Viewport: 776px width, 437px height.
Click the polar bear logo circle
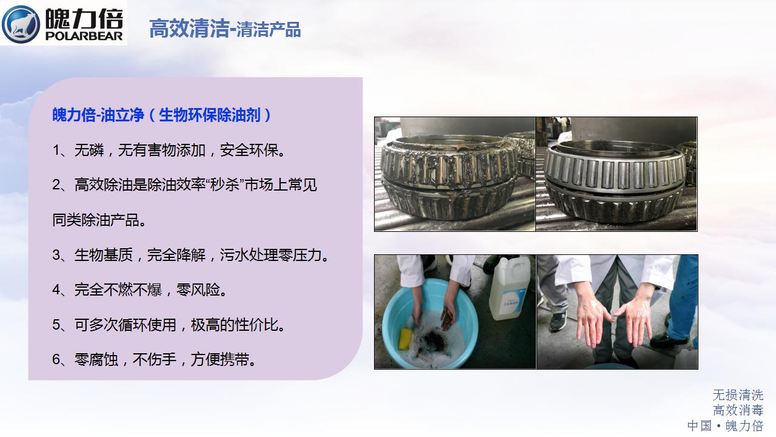tap(21, 24)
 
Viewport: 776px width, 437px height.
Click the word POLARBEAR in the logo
tap(84, 36)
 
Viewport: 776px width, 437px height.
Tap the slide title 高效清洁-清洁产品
tap(225, 29)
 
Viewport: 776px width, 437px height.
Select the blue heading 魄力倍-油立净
tap(98, 115)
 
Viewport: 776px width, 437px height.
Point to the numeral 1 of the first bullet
tap(56, 151)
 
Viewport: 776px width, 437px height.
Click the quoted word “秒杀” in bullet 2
tap(226, 185)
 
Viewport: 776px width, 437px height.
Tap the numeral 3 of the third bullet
tap(56, 256)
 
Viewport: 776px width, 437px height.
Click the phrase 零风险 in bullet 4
tap(202, 290)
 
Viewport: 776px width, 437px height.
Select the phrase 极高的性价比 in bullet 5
tap(238, 325)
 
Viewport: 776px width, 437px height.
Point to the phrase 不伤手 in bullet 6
tap(155, 360)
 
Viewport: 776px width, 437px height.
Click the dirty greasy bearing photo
tap(455, 174)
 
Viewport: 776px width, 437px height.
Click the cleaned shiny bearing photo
tap(617, 174)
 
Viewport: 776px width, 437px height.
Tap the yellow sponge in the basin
tap(406, 339)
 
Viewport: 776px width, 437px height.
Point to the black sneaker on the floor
tap(558, 321)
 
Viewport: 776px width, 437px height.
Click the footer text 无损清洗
tap(738, 395)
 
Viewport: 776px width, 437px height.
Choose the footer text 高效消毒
tap(738, 410)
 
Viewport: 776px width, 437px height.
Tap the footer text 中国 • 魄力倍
tap(726, 425)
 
